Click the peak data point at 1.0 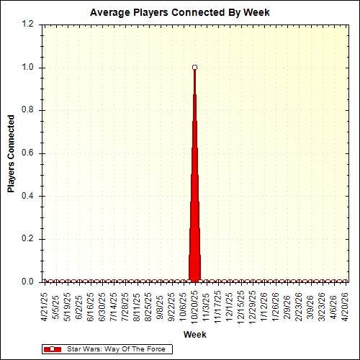194,68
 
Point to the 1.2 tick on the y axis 28,24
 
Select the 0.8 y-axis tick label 28,110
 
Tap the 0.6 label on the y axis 28,153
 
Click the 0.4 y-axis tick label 28,196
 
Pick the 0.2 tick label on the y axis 28,239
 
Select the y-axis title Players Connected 11,153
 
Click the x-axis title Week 194,336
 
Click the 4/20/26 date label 346,307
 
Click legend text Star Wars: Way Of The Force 116,349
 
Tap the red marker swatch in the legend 53,349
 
